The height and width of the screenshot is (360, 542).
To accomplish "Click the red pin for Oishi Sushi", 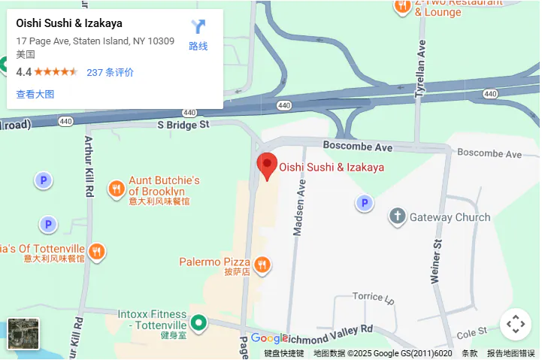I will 267,165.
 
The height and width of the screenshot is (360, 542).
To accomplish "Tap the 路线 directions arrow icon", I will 198,29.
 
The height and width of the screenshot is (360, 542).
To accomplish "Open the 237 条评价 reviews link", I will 111,72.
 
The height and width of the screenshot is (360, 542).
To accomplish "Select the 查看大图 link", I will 35,94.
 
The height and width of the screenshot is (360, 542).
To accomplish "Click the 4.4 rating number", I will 23,72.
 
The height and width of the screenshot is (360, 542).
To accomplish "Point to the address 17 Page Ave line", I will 95,41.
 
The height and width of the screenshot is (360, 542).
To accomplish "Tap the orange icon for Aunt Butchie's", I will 116,189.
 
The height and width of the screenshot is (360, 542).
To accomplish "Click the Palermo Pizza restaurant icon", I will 262,264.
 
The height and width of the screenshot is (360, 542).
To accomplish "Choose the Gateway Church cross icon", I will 397,217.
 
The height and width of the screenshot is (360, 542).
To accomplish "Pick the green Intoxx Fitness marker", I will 198,323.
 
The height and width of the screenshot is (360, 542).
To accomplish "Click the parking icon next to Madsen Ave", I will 365,203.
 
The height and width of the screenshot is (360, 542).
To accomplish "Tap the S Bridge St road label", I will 182,125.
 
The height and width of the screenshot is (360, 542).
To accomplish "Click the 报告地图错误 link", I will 511,353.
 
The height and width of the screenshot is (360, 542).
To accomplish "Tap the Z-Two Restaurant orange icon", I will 402,6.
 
